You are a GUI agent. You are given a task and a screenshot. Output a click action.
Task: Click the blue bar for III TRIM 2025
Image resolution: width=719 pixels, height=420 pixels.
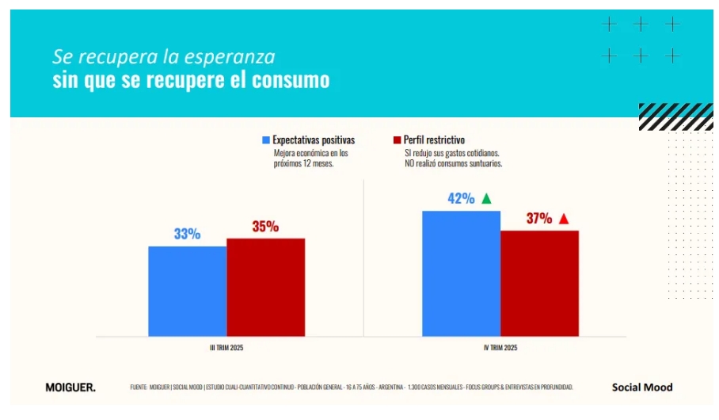187,291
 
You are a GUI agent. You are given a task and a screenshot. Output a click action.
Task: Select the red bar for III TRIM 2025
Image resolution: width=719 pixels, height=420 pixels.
265,287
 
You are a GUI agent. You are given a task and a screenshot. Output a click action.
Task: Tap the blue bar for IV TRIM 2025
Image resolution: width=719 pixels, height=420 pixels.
461,273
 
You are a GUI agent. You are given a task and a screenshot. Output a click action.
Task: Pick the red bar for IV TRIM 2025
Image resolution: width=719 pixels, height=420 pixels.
539,283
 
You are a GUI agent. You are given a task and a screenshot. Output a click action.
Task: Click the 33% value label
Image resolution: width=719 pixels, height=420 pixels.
187,235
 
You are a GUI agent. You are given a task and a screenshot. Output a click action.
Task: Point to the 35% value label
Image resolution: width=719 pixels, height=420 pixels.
265,227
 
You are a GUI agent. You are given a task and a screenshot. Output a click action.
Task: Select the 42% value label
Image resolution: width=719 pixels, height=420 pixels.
460,199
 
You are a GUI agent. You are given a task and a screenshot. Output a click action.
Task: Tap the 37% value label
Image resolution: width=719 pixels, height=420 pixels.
538,219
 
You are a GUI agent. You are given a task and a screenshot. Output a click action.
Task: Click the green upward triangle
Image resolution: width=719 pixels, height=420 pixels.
487,198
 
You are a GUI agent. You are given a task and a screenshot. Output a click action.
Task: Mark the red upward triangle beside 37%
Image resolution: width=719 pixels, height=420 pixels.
564,219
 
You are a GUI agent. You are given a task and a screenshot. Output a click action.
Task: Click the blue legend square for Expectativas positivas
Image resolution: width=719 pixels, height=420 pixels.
266,140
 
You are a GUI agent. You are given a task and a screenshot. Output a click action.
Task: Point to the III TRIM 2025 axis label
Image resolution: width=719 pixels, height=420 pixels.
226,348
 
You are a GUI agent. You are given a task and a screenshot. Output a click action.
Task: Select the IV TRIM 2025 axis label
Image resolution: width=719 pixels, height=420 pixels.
500,348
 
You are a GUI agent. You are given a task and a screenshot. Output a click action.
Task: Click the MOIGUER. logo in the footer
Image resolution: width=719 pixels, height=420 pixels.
70,388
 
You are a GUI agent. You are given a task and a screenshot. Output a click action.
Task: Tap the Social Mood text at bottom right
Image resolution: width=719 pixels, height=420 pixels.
642,388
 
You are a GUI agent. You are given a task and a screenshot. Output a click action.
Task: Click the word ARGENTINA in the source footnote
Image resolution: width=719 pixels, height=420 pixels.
387,388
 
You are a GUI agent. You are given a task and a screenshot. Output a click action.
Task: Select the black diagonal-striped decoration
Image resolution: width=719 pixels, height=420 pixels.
675,116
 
